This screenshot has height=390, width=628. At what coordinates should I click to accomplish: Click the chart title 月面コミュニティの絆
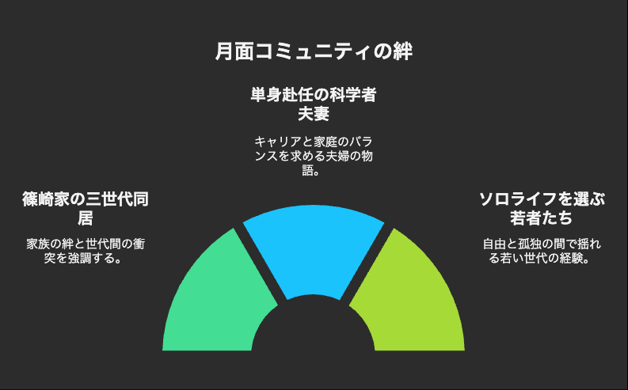pos(314,51)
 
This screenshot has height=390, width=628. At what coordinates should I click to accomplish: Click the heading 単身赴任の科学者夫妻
pos(314,104)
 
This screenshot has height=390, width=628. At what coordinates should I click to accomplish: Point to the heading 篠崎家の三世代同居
pos(86,208)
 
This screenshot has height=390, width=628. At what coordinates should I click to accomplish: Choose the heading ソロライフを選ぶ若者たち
pos(542,208)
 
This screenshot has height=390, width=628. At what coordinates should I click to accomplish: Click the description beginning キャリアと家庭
pos(314,156)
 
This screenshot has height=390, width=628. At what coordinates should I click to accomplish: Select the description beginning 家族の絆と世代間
pos(86,251)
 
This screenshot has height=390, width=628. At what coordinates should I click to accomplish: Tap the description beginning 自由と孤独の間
pos(542,251)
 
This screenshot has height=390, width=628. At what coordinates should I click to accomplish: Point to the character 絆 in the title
pos(402,51)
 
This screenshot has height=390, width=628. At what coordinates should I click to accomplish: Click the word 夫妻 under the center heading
pos(314,114)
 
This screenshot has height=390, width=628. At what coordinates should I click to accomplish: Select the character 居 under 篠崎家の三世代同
pos(86,218)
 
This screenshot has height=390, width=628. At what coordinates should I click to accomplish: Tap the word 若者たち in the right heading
pos(542,218)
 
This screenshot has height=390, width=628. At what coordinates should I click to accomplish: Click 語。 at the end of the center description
pos(310,170)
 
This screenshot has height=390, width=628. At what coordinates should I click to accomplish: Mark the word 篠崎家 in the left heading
pos(46,199)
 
